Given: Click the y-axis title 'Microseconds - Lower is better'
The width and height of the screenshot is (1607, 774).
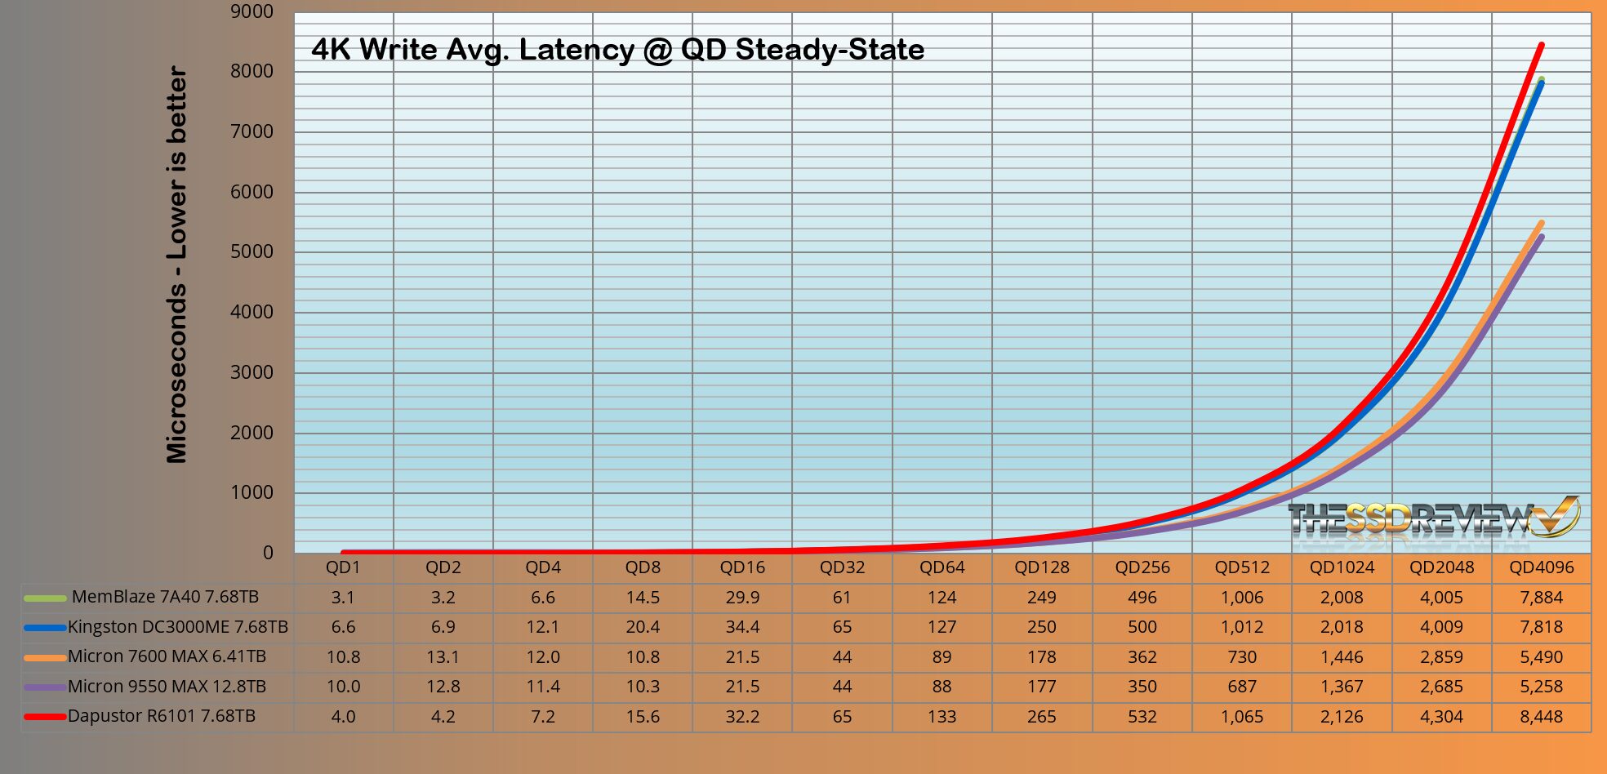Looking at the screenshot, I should pos(177,265).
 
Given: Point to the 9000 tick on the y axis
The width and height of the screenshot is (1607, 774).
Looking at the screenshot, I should pos(252,11).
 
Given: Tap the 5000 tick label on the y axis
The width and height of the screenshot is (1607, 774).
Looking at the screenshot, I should pos(252,251).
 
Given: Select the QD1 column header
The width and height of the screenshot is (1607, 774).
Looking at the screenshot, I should pos(343,567).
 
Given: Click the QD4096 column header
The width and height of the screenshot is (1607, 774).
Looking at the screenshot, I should pos(1541,567).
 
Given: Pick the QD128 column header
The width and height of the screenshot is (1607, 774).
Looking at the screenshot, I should pos(1042,567).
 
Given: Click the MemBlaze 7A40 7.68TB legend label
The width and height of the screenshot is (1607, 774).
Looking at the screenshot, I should pos(165,597).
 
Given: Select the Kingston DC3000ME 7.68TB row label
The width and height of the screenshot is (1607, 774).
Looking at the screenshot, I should pos(177,627).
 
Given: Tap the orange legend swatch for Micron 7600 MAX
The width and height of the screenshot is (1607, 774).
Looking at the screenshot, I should pos(45,657).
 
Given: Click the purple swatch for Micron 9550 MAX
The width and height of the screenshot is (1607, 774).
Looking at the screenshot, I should pos(45,687).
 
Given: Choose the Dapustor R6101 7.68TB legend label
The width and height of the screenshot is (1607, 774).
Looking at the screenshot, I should pos(161,717).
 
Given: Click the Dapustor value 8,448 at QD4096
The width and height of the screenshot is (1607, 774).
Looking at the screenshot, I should pos(1541,717).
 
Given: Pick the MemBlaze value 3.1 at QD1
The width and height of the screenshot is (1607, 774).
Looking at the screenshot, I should pos(343,598).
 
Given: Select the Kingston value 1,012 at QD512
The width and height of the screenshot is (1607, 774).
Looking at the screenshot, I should pos(1241,627).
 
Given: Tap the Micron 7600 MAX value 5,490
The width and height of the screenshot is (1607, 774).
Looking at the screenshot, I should pos(1541,657).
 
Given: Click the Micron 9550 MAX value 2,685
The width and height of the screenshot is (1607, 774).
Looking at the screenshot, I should pos(1441,687).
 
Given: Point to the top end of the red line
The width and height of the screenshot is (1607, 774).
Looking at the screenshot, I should pos(1541,45).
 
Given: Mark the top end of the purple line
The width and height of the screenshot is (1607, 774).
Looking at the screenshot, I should pos(1541,238).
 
